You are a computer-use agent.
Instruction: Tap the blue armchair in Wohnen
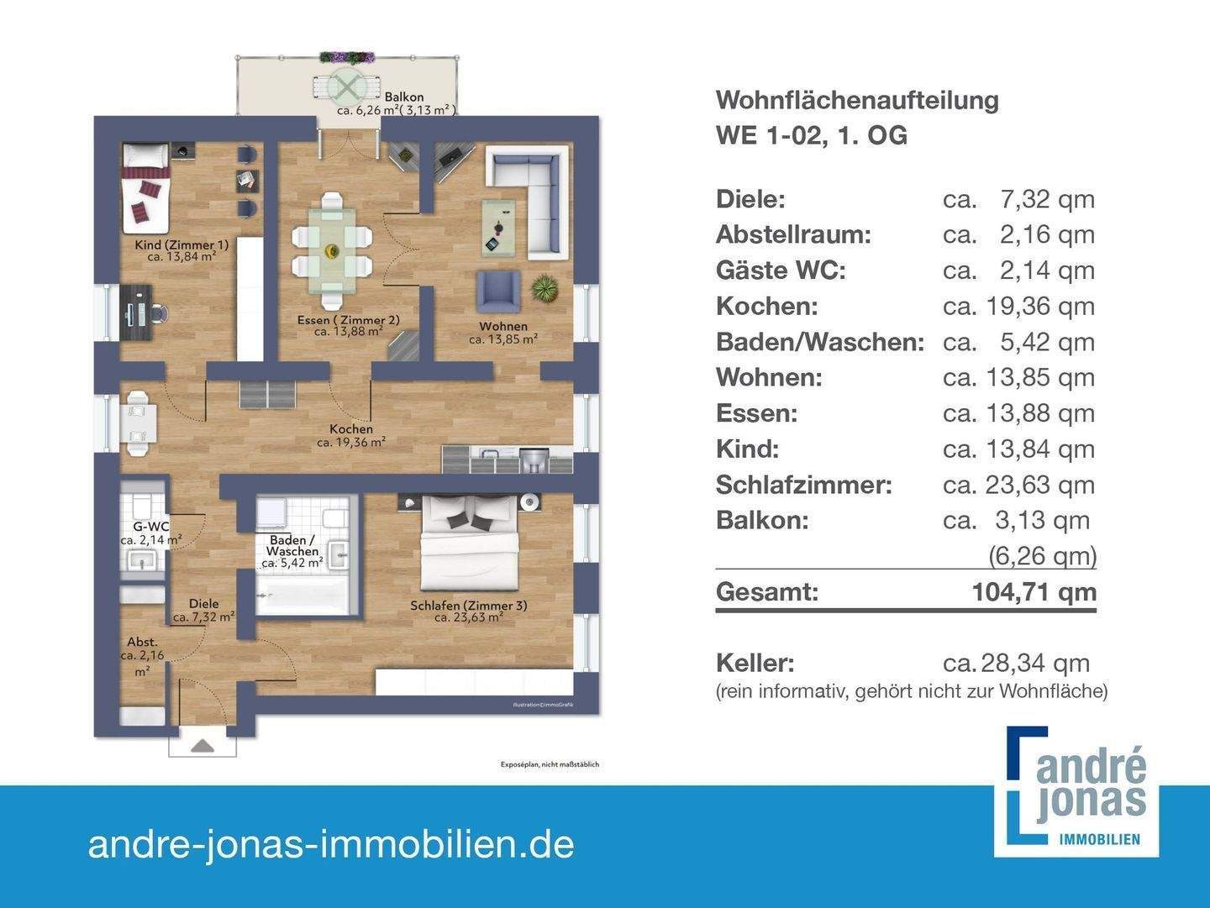pos(499,290)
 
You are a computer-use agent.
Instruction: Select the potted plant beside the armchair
pos(544,288)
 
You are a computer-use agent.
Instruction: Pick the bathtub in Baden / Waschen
pos(301,596)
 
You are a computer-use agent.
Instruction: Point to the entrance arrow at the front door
pos(203,745)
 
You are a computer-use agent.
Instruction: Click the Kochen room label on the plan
pos(351,429)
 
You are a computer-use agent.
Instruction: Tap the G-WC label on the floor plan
pos(156,527)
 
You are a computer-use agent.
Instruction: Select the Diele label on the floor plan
pos(203,603)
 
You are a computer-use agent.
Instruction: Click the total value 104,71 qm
pos(1034,592)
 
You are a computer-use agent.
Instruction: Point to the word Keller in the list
pos(755,663)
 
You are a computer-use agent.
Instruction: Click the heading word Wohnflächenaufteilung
pos(857,100)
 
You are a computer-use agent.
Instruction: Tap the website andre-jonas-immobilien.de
pos(331,844)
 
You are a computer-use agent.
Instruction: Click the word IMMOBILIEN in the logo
pos(1099,839)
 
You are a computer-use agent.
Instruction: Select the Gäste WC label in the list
pos(781,270)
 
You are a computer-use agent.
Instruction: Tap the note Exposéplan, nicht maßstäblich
pos(550,765)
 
